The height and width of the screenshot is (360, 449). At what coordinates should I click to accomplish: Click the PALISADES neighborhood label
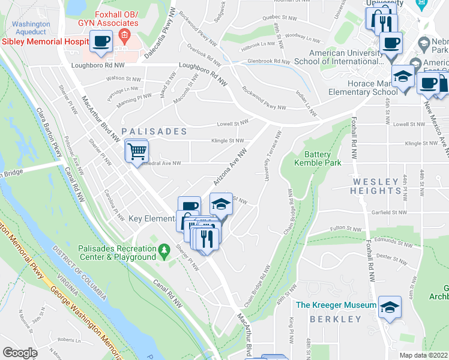154,131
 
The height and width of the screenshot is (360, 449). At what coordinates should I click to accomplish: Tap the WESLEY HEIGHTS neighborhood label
376,186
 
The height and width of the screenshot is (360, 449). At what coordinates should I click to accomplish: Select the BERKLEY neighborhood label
334,319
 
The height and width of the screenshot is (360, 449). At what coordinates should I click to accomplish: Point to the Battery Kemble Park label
318,158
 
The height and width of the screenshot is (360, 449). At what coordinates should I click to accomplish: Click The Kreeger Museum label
336,305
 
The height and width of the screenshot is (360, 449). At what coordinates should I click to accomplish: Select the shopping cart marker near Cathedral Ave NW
137,150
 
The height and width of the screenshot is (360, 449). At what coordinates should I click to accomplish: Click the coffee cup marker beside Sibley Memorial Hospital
101,41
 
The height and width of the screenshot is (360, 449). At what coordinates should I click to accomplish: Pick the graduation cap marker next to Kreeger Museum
390,307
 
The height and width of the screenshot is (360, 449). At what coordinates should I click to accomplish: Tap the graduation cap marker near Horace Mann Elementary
403,76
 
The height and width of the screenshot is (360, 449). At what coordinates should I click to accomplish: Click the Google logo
20,352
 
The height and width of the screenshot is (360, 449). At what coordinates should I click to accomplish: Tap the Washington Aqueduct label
30,28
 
